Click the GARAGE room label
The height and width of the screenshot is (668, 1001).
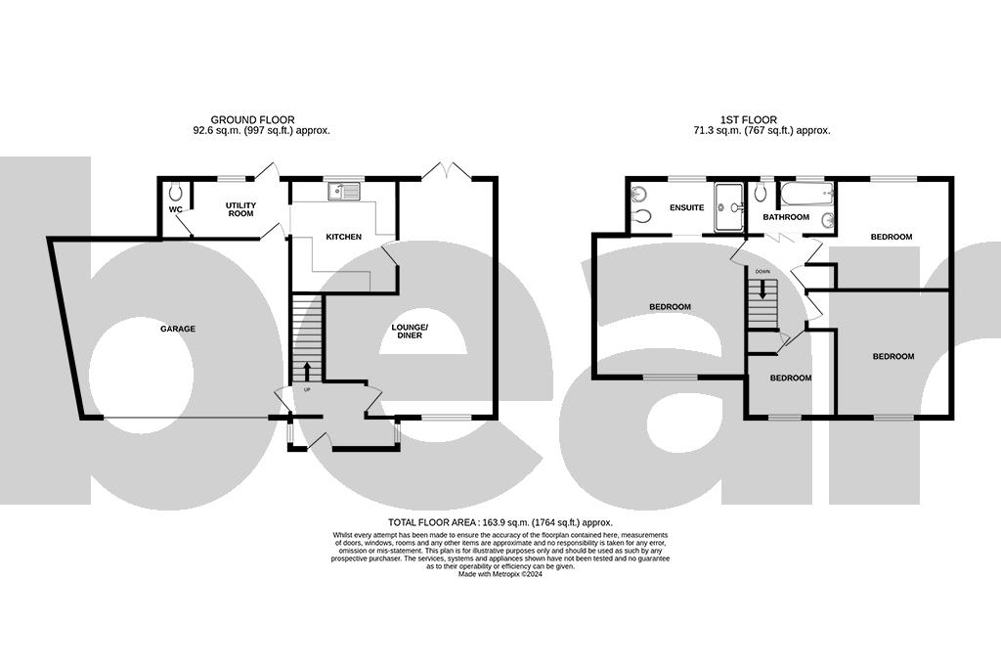(178, 329)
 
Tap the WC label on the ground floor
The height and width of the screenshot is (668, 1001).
(176, 209)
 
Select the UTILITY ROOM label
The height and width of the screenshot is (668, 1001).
(240, 209)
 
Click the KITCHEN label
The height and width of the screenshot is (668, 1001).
(343, 237)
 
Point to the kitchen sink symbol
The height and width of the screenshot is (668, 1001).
(344, 191)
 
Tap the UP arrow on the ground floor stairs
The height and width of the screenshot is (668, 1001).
(307, 372)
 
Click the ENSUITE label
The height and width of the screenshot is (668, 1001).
(686, 207)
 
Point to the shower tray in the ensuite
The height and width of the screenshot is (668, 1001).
(729, 207)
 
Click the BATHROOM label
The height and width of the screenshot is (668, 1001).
(786, 217)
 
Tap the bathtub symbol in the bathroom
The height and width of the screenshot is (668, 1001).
(807, 192)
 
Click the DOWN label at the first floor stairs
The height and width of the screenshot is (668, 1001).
(763, 271)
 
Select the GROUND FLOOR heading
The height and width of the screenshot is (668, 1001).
(252, 120)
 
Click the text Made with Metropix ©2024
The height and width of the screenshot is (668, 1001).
(500, 574)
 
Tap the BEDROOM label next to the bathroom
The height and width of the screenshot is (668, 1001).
(892, 237)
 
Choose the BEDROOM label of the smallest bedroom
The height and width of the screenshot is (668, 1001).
(790, 378)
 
